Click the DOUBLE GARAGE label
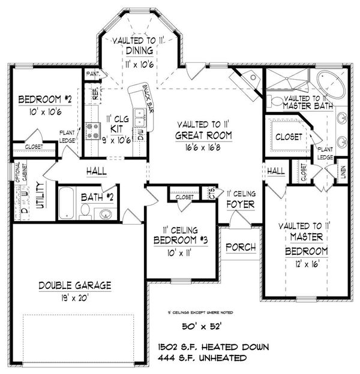[x=75, y=285]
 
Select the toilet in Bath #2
[x=85, y=210]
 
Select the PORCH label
[x=240, y=247]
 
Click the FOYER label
[x=241, y=204]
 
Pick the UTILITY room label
[x=41, y=194]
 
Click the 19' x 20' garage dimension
[x=75, y=298]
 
